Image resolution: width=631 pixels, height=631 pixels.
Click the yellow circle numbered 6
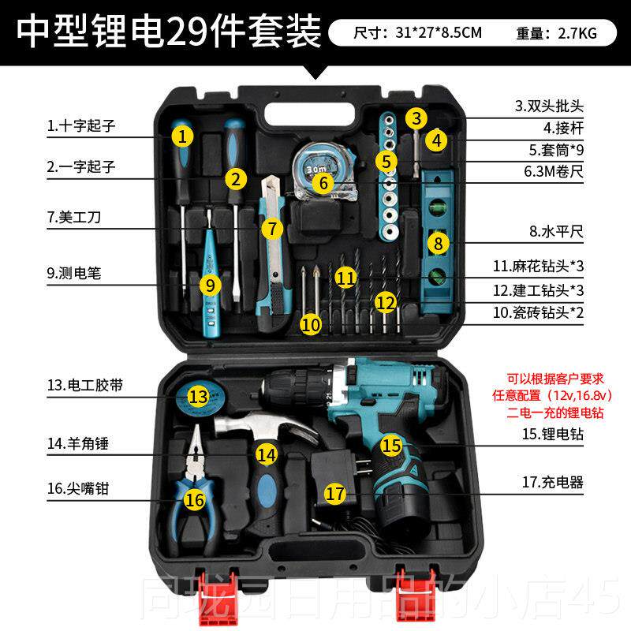tap(322, 181)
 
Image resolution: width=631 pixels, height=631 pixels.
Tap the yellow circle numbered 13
tap(199, 395)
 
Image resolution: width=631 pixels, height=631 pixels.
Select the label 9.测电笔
tap(74, 274)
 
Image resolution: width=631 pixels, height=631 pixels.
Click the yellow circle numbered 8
tap(439, 243)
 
